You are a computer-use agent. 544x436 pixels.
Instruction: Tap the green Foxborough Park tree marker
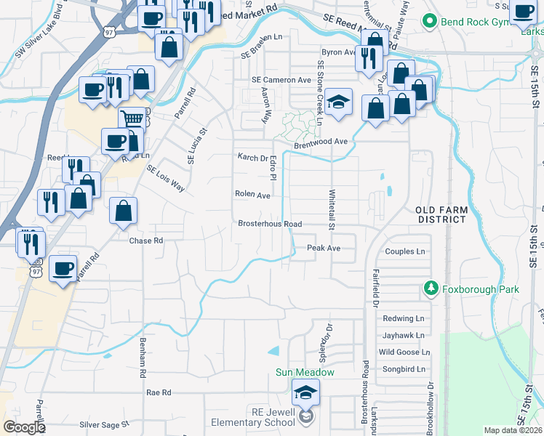[x=431, y=289]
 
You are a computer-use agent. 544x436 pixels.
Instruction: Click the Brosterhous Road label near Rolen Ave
[x=270, y=224]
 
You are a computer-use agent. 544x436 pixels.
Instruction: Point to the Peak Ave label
[x=324, y=248]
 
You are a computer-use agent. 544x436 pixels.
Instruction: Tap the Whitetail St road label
[x=332, y=211]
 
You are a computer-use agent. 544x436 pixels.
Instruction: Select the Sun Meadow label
[x=305, y=373]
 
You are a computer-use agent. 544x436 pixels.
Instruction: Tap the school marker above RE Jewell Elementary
[x=305, y=393]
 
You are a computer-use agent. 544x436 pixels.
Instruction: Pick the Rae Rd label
[x=158, y=392]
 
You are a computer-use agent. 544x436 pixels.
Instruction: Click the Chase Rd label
[x=145, y=240]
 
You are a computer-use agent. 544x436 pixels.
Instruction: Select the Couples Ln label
[x=405, y=251]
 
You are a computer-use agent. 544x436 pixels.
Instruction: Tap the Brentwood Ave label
[x=321, y=144]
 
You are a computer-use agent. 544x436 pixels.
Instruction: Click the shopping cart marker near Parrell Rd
[x=131, y=119]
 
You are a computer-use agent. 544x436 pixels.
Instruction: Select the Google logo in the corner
[x=23, y=427]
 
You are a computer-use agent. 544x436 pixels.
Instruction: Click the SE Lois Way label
[x=165, y=178]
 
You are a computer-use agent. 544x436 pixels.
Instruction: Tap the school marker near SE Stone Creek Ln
[x=338, y=102]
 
